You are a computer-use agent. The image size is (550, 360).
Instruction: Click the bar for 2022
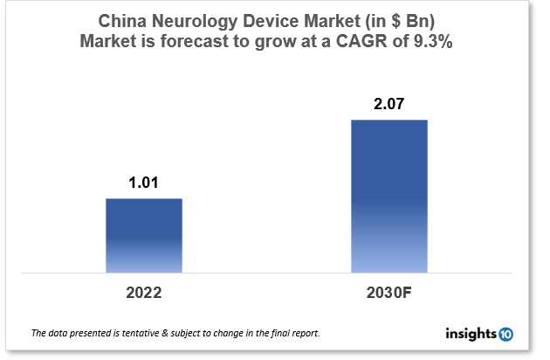coord(144,235)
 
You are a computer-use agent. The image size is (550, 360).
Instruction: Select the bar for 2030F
coord(388,196)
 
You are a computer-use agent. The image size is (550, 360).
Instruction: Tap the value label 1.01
coord(144,183)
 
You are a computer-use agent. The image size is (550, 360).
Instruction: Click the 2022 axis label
coord(144,290)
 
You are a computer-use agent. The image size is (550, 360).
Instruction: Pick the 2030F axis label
coord(388,290)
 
